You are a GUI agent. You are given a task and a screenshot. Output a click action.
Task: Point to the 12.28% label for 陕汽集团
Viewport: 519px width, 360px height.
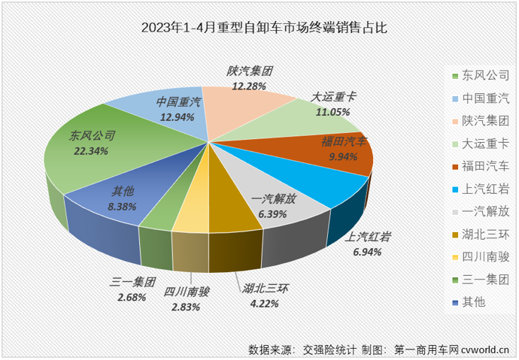(x=249, y=87)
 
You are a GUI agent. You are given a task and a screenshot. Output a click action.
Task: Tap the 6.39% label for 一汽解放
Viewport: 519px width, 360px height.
(x=274, y=214)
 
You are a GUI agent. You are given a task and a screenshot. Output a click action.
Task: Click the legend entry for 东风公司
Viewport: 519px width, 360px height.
(x=480, y=75)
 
